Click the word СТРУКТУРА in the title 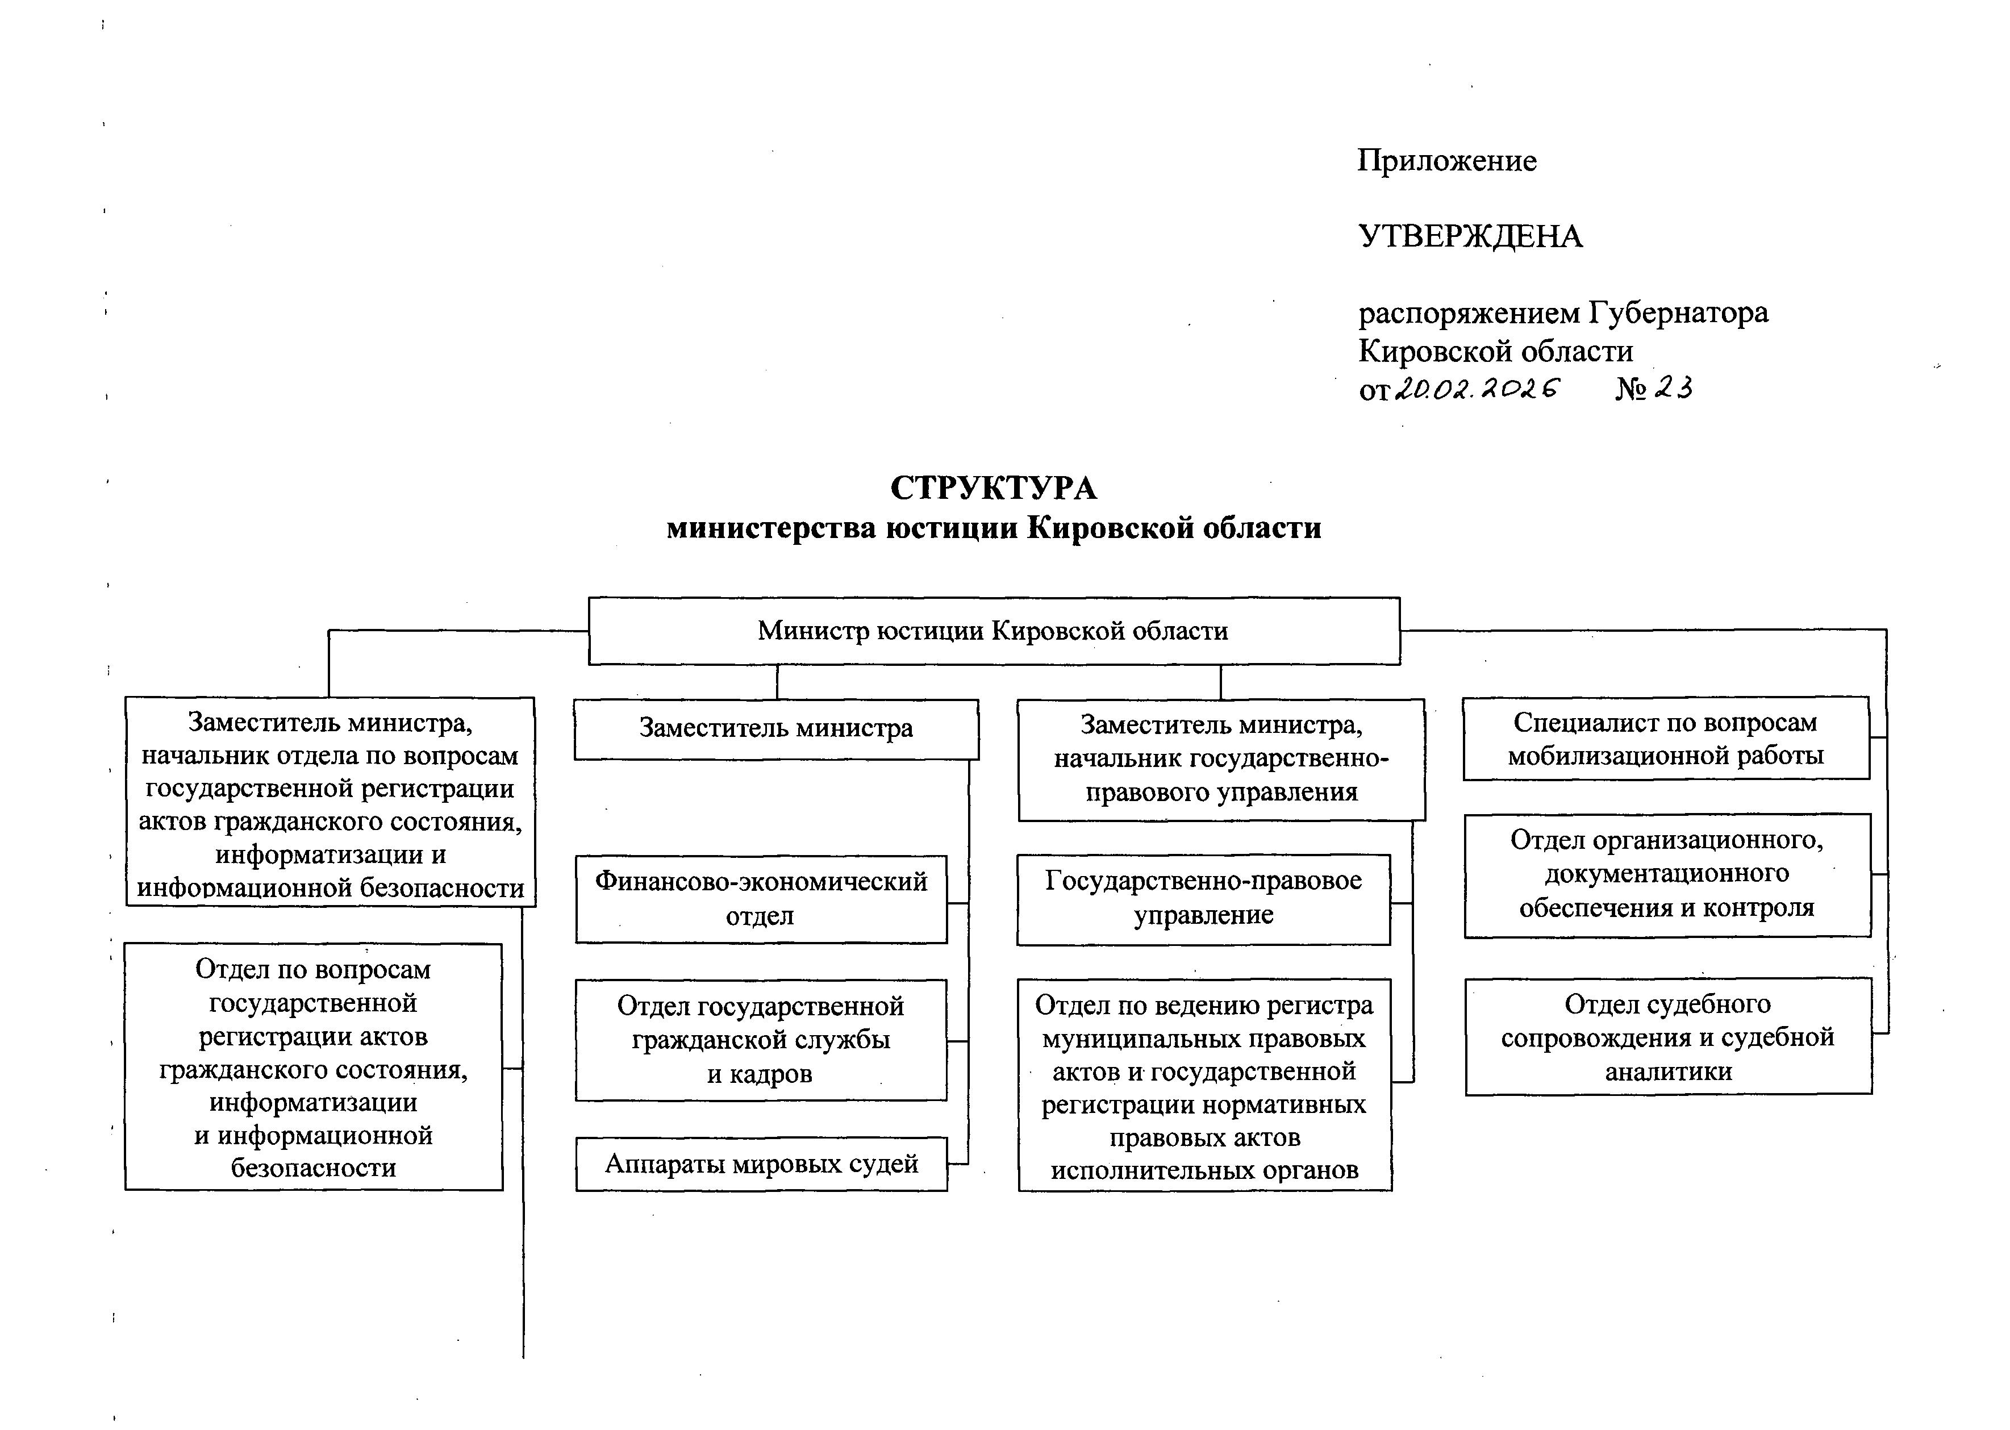[x=993, y=488]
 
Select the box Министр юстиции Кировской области [x=993, y=631]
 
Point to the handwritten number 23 [x=1673, y=387]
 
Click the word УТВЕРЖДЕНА [x=1470, y=236]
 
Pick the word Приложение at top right [x=1446, y=160]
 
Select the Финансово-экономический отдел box [x=761, y=898]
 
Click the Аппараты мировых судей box [x=761, y=1164]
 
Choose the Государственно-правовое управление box [x=1203, y=898]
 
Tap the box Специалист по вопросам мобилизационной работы [x=1665, y=738]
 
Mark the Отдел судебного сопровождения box [x=1667, y=1036]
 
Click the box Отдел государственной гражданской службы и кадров [x=761, y=1040]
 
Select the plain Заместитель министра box [x=775, y=729]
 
